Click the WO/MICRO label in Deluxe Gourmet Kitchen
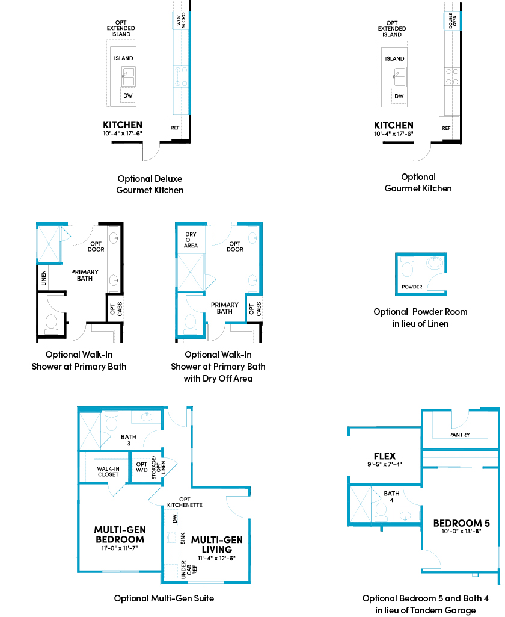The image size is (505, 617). (181, 20)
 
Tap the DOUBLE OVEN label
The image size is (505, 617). (453, 20)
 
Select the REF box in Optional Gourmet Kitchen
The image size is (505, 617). (446, 128)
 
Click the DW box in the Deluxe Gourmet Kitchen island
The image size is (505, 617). (128, 96)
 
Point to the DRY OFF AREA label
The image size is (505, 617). (191, 240)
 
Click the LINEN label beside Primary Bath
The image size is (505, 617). (44, 277)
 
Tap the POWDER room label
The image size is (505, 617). (412, 287)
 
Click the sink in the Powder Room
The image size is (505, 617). (435, 263)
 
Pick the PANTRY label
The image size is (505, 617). (459, 435)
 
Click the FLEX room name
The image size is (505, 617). (385, 456)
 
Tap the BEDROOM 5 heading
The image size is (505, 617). (461, 523)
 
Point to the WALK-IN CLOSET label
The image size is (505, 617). (108, 471)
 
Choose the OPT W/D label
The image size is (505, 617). (142, 467)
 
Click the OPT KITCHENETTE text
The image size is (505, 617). (185, 502)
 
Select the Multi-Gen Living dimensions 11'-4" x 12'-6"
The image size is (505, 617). (216, 558)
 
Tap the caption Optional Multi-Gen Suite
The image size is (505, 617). (164, 598)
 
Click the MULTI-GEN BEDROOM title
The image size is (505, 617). (120, 535)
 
